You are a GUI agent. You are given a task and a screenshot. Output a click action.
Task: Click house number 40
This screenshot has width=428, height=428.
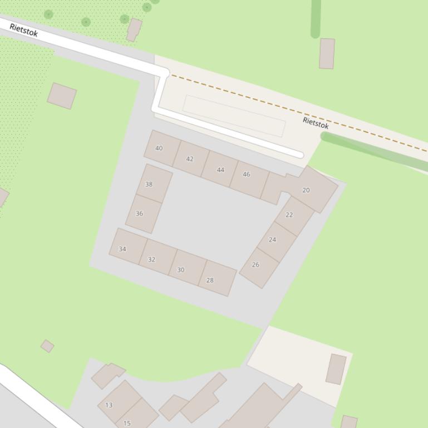(x=159, y=148)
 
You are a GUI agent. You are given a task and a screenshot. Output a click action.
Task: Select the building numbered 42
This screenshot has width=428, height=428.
(x=190, y=159)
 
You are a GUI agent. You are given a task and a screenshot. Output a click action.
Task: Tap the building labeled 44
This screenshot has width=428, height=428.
(x=220, y=170)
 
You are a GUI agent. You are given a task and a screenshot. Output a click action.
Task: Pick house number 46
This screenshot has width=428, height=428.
(x=247, y=174)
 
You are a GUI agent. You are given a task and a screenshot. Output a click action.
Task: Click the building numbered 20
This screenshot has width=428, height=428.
(x=306, y=190)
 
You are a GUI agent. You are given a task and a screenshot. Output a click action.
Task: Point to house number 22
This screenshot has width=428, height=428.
(x=289, y=215)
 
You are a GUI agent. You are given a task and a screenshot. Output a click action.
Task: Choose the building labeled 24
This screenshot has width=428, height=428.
(x=272, y=240)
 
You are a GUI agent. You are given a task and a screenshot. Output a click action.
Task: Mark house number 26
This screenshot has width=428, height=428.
(x=255, y=265)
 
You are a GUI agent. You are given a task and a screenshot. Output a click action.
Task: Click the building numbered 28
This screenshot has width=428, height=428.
(x=210, y=280)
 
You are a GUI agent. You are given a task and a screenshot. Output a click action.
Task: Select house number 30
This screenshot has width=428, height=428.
(x=180, y=270)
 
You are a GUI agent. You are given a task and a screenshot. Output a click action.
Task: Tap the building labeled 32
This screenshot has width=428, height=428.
(x=151, y=260)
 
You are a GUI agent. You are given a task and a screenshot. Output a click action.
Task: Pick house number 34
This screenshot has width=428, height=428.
(x=122, y=249)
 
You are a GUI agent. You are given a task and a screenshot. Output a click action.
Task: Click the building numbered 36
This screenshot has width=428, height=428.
(x=139, y=213)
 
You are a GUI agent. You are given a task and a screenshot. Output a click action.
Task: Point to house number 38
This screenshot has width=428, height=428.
(x=149, y=184)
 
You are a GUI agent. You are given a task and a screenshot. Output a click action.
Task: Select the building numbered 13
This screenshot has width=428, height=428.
(x=109, y=405)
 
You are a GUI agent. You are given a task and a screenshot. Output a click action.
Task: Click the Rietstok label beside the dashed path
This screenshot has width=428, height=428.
(x=316, y=123)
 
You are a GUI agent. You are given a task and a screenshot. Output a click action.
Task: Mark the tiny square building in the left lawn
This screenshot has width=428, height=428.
(x=47, y=346)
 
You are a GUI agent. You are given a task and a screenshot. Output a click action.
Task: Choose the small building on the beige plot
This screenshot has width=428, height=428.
(x=336, y=369)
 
